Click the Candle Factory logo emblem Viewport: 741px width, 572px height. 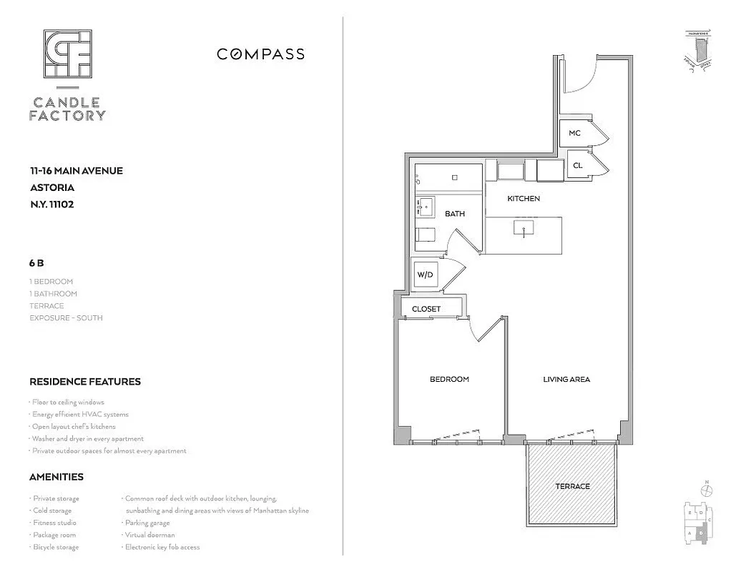67,54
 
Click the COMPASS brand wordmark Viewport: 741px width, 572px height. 260,54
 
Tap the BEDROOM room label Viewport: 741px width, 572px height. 449,379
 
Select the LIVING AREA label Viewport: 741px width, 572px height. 566,379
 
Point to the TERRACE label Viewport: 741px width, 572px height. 572,486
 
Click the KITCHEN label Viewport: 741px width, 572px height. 524,198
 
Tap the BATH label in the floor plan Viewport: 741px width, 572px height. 455,213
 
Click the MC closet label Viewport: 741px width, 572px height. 574,134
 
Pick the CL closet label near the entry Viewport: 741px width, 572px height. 577,165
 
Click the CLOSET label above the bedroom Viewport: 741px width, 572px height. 426,309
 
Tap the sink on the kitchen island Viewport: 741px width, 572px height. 524,229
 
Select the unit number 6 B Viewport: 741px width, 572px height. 37,262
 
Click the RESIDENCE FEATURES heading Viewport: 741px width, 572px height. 84,382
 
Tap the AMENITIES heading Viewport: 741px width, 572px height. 56,477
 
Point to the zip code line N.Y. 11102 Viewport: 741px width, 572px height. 51,204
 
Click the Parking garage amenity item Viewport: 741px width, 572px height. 147,523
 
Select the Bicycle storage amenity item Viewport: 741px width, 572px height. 55,547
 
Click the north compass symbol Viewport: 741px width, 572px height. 707,491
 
